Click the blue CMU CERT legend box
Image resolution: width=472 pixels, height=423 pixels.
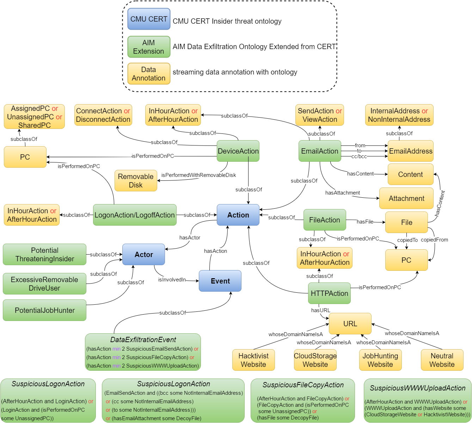point(149,19)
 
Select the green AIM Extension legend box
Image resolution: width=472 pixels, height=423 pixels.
point(149,47)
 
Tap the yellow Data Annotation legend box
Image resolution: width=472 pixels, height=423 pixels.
point(149,73)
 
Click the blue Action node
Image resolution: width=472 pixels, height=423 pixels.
point(238,215)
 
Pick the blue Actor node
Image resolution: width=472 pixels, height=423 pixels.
point(143,254)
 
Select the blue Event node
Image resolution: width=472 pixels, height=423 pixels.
point(220,281)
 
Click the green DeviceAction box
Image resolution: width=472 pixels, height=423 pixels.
point(238,151)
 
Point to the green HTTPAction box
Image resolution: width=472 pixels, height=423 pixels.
point(329,293)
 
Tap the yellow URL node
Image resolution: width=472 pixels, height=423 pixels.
point(350,323)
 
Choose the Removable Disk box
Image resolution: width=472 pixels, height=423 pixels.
point(136,180)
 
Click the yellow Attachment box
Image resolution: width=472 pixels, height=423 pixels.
point(406,198)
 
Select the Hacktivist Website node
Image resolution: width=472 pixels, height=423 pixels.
point(253,360)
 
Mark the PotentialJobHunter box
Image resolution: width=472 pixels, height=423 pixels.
point(44,310)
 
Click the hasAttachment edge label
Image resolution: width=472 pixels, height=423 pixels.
point(342,193)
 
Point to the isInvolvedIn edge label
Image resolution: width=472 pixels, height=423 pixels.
point(172,280)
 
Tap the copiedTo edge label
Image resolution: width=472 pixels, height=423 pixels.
point(407,240)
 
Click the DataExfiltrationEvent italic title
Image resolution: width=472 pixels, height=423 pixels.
point(143,340)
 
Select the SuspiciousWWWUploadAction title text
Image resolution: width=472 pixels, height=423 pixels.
point(417,388)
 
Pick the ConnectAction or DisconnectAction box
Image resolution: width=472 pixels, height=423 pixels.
point(103,115)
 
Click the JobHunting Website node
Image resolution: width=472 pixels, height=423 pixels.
point(380,360)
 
